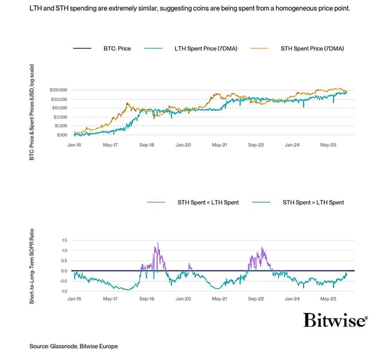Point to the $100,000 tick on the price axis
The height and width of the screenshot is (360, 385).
point(59,90)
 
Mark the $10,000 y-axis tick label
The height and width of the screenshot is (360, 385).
point(60,108)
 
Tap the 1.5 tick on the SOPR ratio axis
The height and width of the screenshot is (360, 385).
point(64,240)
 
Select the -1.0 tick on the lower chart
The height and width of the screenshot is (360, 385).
point(63,291)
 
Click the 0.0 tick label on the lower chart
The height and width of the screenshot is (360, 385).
point(64,270)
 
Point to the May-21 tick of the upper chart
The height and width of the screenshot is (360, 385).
point(219,146)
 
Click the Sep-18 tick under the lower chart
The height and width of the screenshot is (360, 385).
point(147,299)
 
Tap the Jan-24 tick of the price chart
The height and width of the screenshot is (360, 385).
point(293,146)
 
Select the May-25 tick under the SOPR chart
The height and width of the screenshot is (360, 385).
point(328,299)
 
